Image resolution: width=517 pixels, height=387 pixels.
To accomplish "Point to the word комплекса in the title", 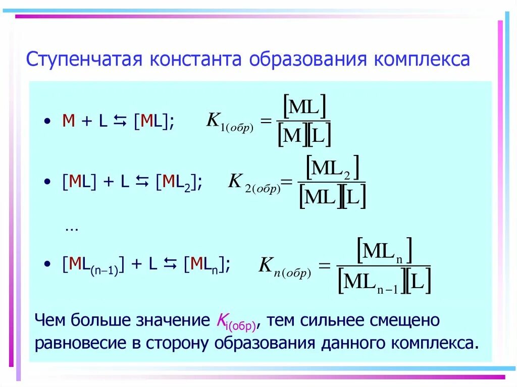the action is click(422, 60).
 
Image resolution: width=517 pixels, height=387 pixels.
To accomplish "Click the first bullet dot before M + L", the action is click(47, 122).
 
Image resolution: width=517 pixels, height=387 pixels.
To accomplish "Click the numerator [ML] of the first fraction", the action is click(304, 107).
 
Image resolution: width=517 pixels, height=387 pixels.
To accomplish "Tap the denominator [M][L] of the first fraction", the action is click(304, 135).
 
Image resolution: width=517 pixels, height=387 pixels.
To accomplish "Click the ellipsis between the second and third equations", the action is click(71, 229).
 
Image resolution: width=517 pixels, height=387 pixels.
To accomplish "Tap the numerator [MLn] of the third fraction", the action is click(384, 251).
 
